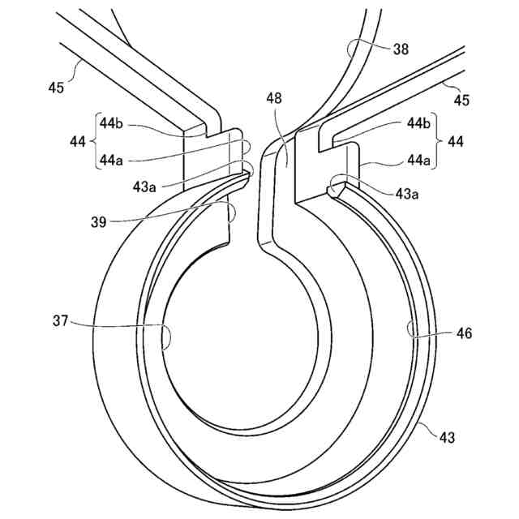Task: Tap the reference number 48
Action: coord(275,98)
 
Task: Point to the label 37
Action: coord(62,322)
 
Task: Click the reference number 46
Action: coord(463,333)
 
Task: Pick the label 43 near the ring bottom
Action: coord(447,437)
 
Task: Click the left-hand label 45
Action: coord(56,88)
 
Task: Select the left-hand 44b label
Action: coord(110,123)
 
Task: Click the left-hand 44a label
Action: coord(110,160)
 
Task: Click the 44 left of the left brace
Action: coord(78,142)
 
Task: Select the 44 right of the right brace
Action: coord(456,142)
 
